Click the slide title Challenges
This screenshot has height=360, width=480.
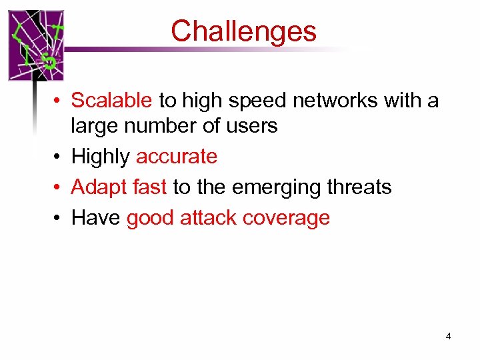pyautogui.click(x=243, y=31)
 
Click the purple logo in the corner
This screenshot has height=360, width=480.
pyautogui.click(x=36, y=45)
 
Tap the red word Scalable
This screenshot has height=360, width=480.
pyautogui.click(x=111, y=100)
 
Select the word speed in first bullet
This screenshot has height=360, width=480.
pyautogui.click(x=256, y=100)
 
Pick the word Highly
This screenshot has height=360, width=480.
pyautogui.click(x=100, y=157)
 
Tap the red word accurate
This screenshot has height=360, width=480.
pyautogui.click(x=177, y=157)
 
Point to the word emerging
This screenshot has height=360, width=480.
pyautogui.click(x=267, y=187)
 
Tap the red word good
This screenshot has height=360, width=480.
pyautogui.click(x=151, y=218)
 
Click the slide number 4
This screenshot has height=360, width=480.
pyautogui.click(x=448, y=336)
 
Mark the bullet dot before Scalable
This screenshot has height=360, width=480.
pyautogui.click(x=59, y=101)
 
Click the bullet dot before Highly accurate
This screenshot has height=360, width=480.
pyautogui.click(x=59, y=157)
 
